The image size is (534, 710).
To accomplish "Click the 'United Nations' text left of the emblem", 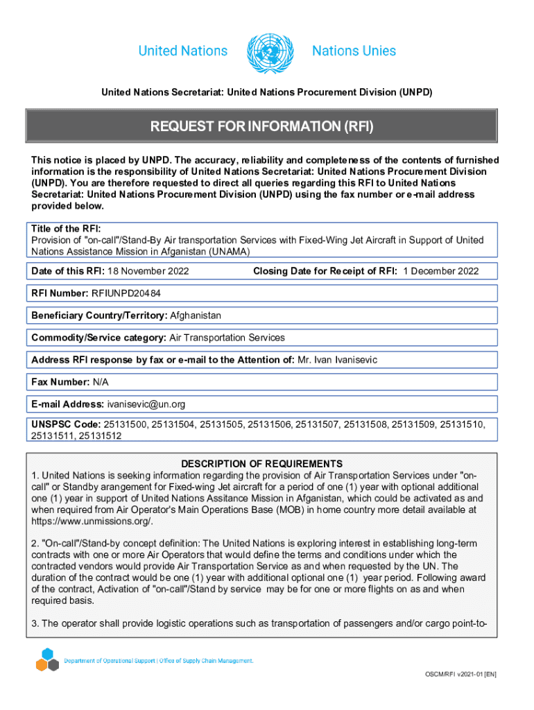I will coord(183,51).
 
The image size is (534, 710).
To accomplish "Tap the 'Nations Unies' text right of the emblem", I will coord(354,51).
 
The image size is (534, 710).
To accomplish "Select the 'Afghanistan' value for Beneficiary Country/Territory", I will coord(196,315).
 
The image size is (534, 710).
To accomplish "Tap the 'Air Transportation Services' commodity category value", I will coord(227,338).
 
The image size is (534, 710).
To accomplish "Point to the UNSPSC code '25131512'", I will coord(100,435).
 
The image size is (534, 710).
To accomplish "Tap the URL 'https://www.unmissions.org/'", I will coord(92,521).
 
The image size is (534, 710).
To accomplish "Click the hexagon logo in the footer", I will coord(47,659).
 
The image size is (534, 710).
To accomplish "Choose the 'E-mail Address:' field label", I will coord(67,404).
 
